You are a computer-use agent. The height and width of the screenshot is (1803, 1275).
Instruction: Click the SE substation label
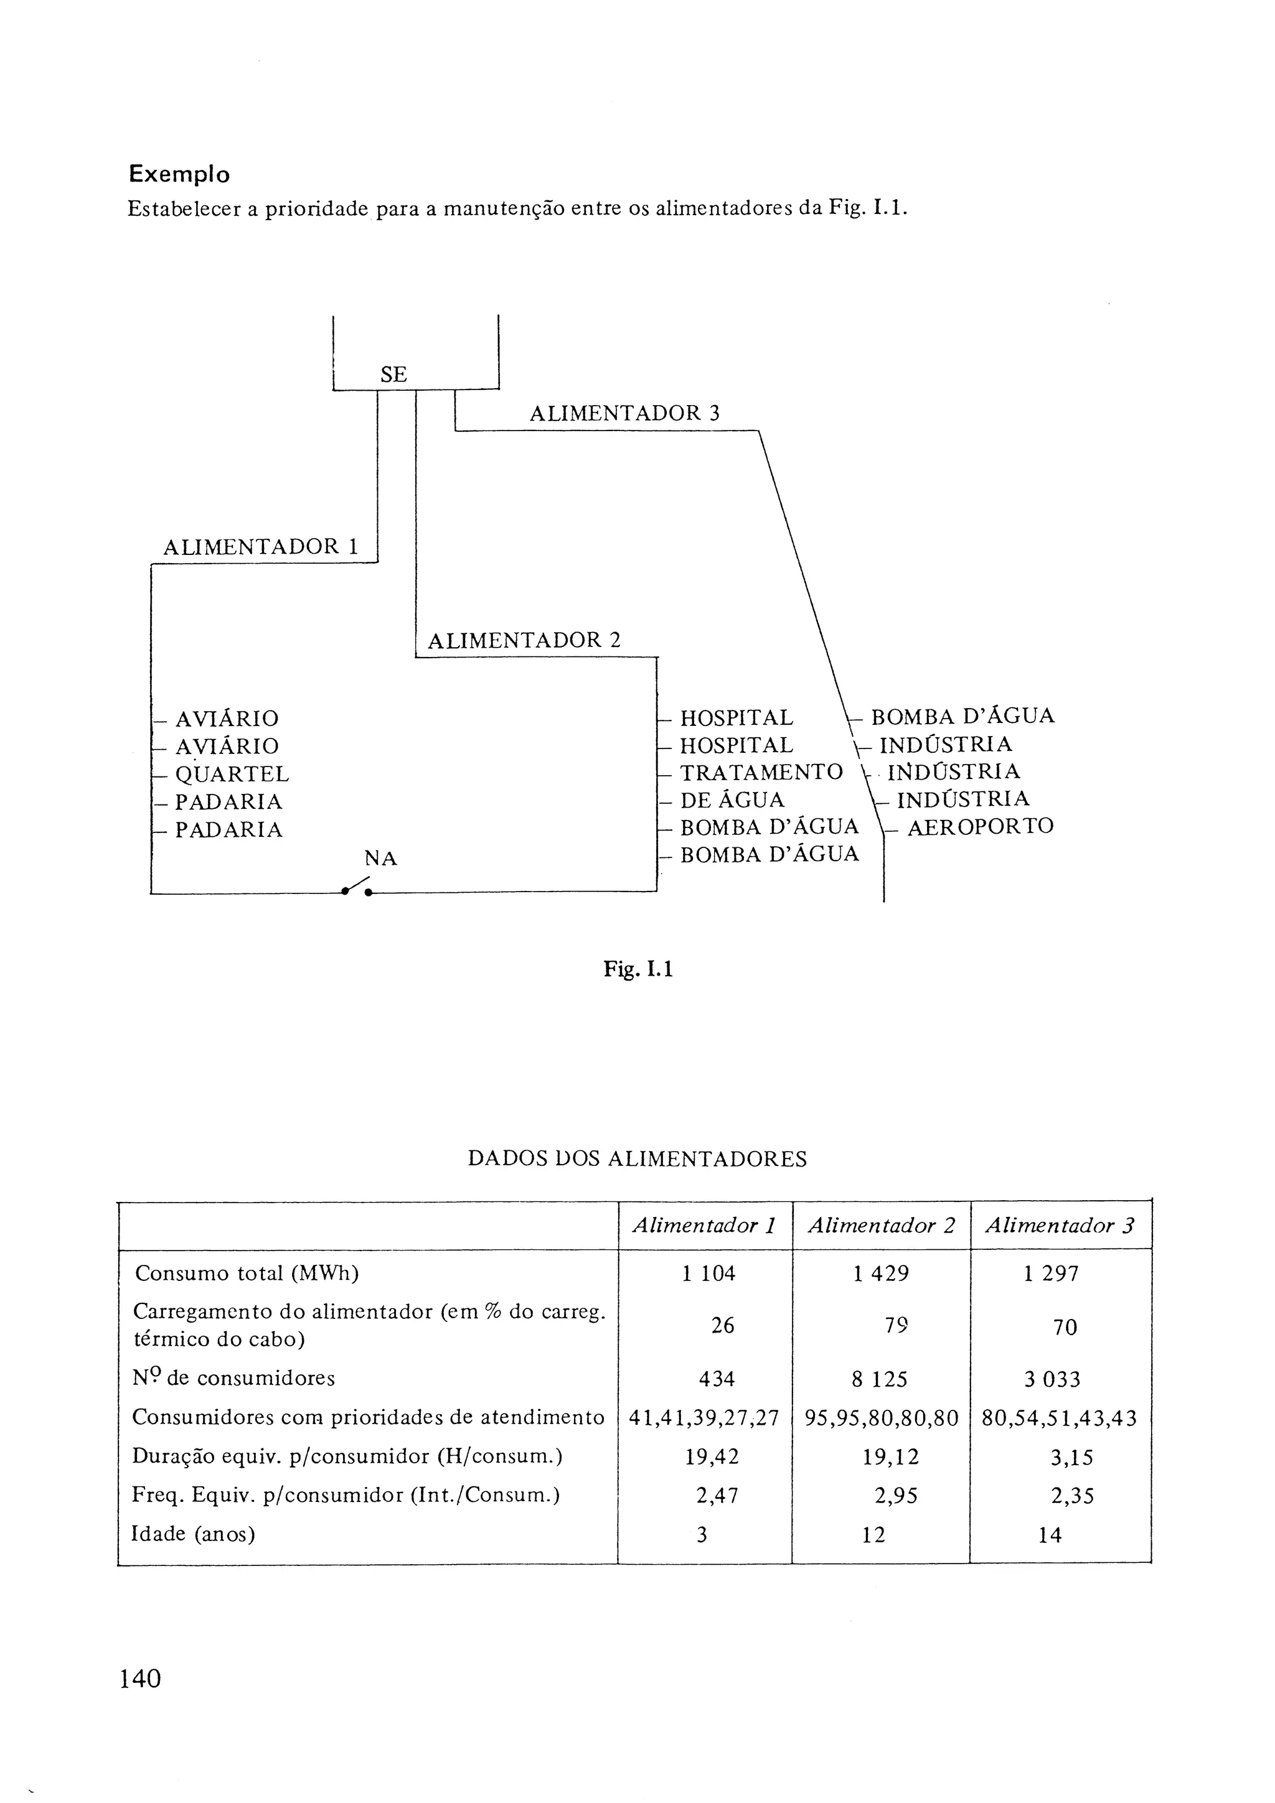point(393,375)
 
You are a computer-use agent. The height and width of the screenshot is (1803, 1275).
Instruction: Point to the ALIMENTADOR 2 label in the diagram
point(524,640)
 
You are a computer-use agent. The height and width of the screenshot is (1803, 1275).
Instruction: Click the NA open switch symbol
point(357,887)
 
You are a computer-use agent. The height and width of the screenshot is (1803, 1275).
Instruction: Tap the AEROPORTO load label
point(980,826)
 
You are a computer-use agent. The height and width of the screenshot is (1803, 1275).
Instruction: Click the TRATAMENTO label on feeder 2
point(760,772)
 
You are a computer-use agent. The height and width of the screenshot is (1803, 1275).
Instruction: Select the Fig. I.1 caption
point(638,969)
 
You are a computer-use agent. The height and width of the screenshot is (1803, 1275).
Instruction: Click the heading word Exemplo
point(179,174)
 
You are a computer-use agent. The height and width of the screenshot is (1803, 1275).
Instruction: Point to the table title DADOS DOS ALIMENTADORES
point(637,1159)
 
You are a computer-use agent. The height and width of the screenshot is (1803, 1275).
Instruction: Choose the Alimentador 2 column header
point(881,1225)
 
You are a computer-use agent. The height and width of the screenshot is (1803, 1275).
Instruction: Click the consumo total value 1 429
point(881,1273)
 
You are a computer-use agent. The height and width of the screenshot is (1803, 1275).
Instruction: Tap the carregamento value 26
point(722,1326)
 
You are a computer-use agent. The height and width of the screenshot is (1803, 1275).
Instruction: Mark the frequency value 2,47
point(717,1495)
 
